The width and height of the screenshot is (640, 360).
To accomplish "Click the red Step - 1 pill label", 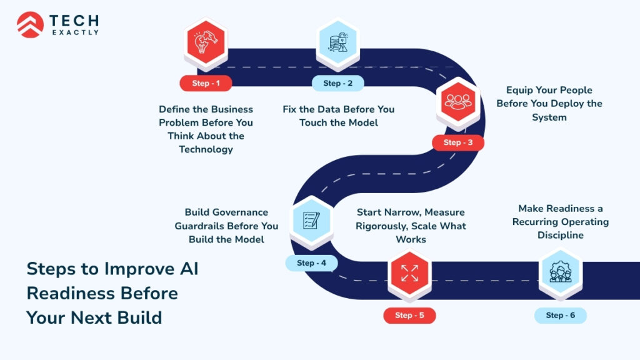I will click(x=205, y=83).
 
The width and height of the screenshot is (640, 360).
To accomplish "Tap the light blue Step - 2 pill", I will click(x=337, y=83).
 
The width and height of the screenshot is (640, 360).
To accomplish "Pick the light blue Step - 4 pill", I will click(x=311, y=263).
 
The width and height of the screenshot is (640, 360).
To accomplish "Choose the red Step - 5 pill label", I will click(x=409, y=316).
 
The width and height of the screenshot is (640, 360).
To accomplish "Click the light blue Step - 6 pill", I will click(x=560, y=315).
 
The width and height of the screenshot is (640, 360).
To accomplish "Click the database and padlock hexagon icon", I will click(x=337, y=44).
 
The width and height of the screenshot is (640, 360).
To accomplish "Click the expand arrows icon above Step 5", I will click(x=409, y=274).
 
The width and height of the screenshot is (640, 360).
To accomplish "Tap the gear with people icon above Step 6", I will click(x=560, y=273).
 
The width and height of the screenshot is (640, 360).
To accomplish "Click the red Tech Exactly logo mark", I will click(x=30, y=24).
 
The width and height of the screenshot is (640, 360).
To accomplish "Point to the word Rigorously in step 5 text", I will click(x=382, y=226).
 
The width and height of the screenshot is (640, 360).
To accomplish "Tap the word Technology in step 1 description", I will click(x=206, y=149).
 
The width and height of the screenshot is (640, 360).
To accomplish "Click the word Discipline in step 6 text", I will click(x=560, y=236).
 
